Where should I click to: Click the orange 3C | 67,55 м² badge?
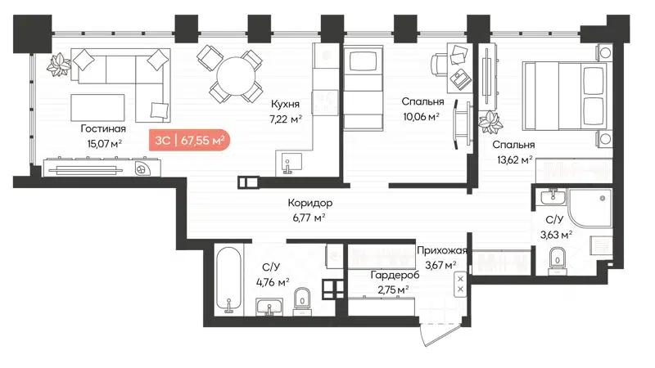coord(188,140)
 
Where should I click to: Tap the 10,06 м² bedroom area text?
coord(422,115)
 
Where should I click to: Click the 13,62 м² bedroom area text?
coord(513,159)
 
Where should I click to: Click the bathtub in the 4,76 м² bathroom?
coord(228,280)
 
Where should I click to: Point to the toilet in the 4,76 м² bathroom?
coord(302,299)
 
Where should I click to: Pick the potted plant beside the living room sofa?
coord(59,61)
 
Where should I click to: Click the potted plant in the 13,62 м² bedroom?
coord(491,123)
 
